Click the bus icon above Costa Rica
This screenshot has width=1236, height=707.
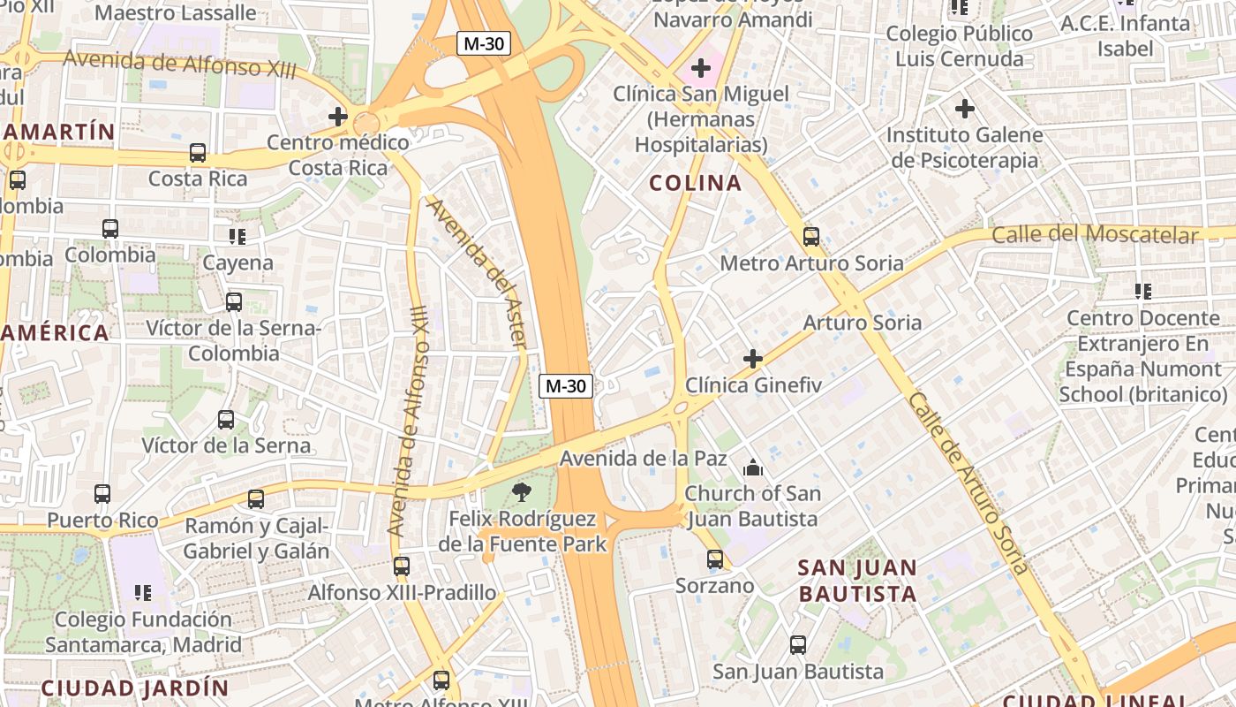pos(198,153)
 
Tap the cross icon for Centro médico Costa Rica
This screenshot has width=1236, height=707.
pos(338,116)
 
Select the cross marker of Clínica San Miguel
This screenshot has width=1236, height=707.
pos(701,67)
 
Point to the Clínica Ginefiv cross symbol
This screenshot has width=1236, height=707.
pos(753,359)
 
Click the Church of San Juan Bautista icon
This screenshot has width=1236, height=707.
pos(752,468)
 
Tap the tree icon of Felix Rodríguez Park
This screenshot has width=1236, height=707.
pos(522,492)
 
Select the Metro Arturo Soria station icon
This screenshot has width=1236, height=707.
pos(811,237)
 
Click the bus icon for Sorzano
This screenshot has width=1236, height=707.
pos(715,559)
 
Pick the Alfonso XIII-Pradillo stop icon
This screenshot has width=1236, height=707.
pos(402,566)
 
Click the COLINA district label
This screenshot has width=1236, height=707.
pos(696,183)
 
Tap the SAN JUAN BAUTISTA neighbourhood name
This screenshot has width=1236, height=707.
pos(857,581)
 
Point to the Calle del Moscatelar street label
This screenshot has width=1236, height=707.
pos(1095,235)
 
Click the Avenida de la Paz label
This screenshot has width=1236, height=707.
pos(643,458)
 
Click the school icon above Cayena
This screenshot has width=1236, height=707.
pos(237,237)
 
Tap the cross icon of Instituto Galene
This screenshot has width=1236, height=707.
pos(965,110)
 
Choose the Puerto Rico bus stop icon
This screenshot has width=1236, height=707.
pos(102,494)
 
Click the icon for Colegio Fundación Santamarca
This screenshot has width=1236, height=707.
pos(142,593)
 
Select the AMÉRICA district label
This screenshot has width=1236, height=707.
pos(55,333)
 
